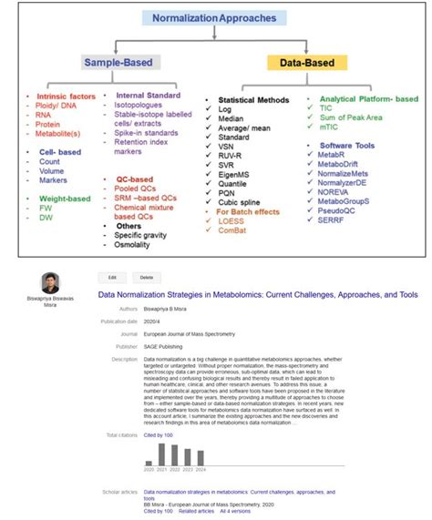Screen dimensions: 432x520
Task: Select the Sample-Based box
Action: coord(122,63)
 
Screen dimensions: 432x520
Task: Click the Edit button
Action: coord(112,276)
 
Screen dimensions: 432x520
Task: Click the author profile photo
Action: coord(50,282)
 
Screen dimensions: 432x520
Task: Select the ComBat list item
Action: coord(234,231)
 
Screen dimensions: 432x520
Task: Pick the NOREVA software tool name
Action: coord(335,191)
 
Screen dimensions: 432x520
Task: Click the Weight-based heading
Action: coord(59,197)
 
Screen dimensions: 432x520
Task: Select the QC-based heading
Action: coord(134,179)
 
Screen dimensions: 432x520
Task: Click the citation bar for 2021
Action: coord(161,454)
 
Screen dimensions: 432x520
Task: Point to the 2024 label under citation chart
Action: coord(201,469)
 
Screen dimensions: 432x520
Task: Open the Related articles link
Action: coord(195,512)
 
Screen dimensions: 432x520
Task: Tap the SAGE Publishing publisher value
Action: coord(164,346)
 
